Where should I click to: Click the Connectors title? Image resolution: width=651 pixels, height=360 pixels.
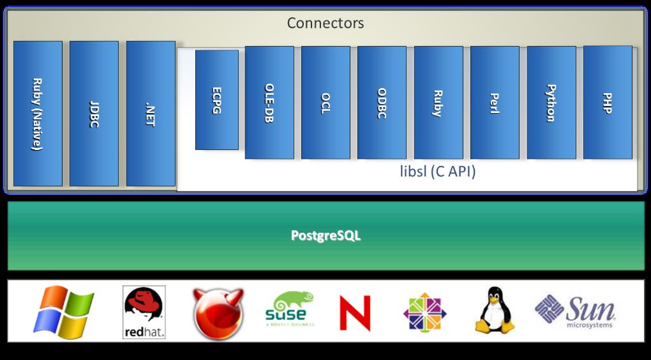tap(325, 24)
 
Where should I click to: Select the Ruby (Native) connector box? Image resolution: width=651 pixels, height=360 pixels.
tap(38, 114)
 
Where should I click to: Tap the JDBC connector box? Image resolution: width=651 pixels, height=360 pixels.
tap(94, 114)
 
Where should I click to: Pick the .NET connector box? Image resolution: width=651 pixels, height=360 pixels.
tap(151, 114)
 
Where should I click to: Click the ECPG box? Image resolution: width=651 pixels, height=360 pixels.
tap(217, 100)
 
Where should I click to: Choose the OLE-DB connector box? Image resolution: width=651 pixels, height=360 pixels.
tap(269, 103)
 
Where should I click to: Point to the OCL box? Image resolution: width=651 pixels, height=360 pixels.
tap(325, 103)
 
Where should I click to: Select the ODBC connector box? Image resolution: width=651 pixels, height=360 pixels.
tap(382, 103)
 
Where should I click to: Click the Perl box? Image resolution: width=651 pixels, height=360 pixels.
tap(495, 103)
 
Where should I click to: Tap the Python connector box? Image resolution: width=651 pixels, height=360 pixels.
tap(551, 103)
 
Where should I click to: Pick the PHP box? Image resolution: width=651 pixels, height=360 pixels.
tap(608, 102)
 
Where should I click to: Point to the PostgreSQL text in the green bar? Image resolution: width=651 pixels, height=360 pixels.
tap(325, 236)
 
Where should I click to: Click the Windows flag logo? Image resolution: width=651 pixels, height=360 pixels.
tap(63, 312)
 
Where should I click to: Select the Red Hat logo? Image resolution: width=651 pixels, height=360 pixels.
tap(144, 312)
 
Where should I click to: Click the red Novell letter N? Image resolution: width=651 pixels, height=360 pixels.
tap(355, 312)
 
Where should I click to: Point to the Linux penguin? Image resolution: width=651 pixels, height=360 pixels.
tap(495, 310)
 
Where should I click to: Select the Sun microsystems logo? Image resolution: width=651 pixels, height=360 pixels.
tap(575, 311)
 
